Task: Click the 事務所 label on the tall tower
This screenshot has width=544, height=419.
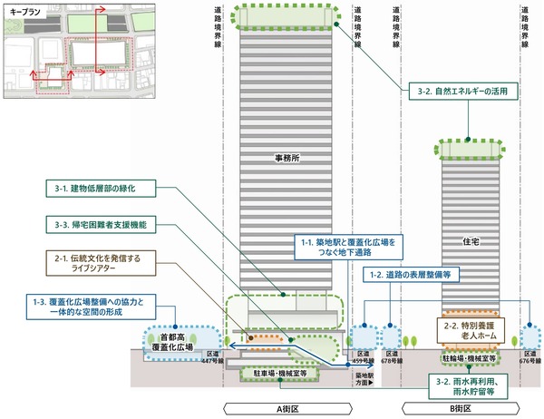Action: click(288, 158)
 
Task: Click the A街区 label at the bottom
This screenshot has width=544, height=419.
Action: click(287, 408)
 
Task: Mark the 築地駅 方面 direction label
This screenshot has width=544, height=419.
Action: click(366, 381)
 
